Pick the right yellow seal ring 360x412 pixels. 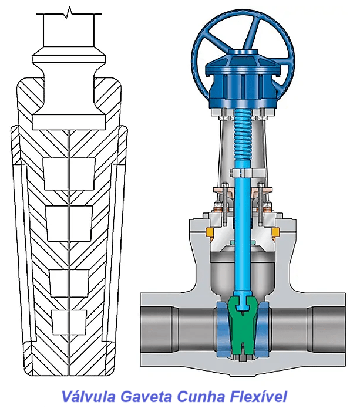[275, 232]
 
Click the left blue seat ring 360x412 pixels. [223, 330]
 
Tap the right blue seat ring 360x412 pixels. [263, 330]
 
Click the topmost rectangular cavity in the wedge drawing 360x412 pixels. [69, 174]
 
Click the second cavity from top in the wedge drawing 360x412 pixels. [69, 224]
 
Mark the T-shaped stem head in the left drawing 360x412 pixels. [69, 89]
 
